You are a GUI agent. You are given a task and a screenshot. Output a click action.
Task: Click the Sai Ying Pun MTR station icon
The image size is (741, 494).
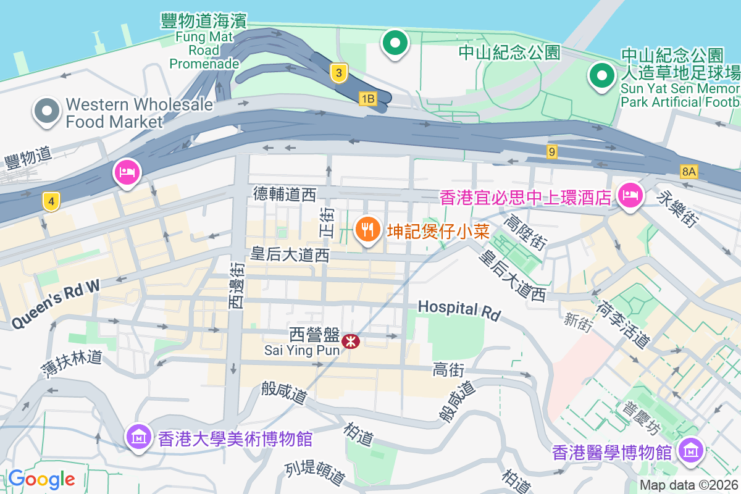(351, 340)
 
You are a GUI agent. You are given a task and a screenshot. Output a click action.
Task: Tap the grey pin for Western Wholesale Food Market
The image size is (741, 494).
(47, 111)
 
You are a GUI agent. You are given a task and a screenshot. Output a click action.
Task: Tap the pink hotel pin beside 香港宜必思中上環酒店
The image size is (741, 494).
(629, 196)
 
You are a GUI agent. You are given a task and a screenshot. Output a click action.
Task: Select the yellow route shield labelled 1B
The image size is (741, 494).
(367, 98)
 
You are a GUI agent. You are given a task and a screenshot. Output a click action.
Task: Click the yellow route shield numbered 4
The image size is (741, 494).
(51, 201)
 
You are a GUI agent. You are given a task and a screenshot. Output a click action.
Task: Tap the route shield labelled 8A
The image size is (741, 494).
(689, 171)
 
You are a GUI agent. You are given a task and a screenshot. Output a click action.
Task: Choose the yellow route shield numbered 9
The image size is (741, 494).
(551, 151)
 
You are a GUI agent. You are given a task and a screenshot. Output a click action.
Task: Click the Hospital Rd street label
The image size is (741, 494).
(459, 310)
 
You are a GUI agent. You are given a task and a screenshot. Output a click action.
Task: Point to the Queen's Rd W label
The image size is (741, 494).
(56, 303)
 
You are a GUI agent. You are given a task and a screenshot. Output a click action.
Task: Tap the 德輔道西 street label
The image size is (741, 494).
(285, 195)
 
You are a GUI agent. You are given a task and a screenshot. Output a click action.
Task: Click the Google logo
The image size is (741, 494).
(41, 479)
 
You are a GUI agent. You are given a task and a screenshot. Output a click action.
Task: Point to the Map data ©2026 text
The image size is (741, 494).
(688, 485)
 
